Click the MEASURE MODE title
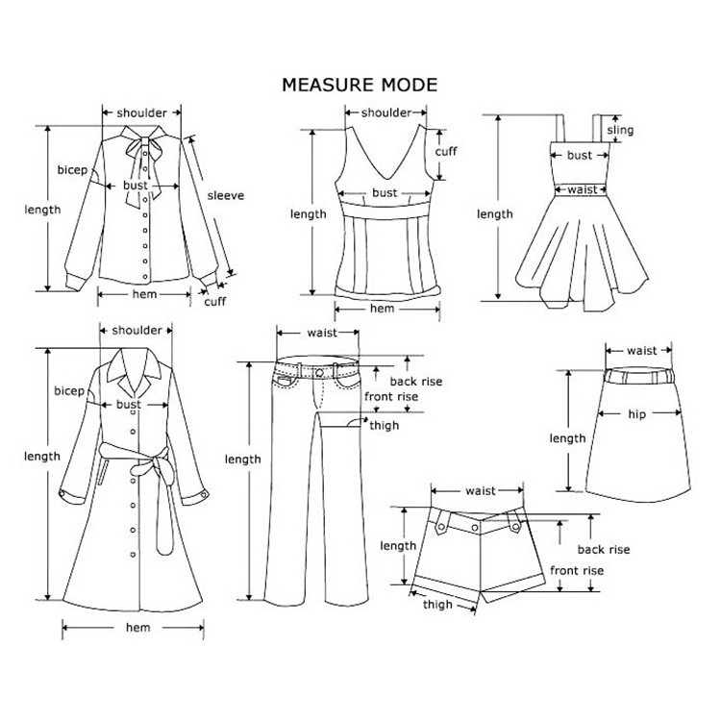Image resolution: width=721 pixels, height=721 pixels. pyautogui.click(x=359, y=85)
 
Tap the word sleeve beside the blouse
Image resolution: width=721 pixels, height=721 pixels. pyautogui.click(x=226, y=196)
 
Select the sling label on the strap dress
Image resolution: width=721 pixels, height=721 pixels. pyautogui.click(x=621, y=130)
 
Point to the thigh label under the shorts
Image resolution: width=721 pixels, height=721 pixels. pyautogui.click(x=437, y=605)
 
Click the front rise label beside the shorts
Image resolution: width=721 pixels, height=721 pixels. pyautogui.click(x=577, y=571)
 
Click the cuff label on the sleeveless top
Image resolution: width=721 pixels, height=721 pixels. pyautogui.click(x=446, y=152)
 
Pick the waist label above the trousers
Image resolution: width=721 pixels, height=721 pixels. pyautogui.click(x=320, y=333)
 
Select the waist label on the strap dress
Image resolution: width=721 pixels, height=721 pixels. pyautogui.click(x=581, y=190)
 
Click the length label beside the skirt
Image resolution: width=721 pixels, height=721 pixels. pyautogui.click(x=567, y=438)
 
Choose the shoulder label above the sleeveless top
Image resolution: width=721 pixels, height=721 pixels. pyautogui.click(x=386, y=112)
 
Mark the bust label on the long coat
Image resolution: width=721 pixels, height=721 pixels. pyautogui.click(x=129, y=405)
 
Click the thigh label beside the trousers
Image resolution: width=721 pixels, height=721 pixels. pyautogui.click(x=385, y=426)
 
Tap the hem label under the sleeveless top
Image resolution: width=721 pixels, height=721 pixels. pyautogui.click(x=383, y=309)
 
